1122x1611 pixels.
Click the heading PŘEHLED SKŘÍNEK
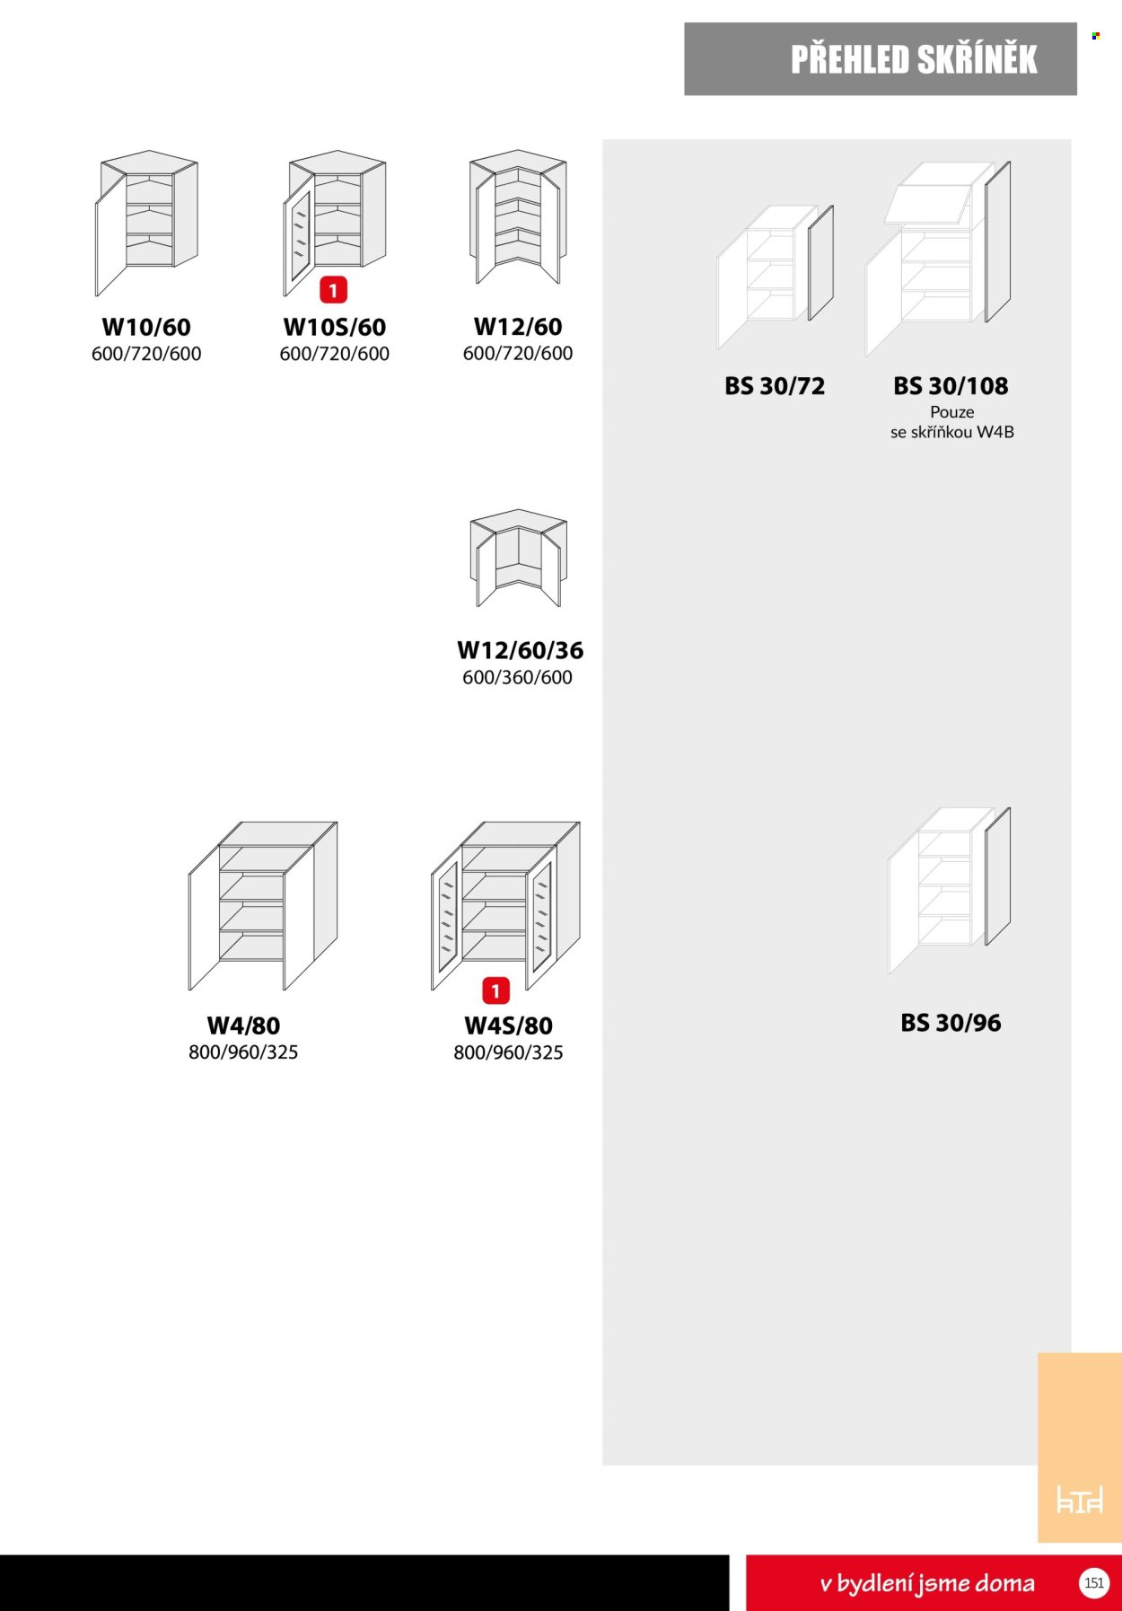click(914, 59)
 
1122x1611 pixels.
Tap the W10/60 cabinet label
click(146, 327)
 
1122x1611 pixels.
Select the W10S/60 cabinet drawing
click(335, 223)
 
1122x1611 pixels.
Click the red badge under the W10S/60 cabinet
click(333, 290)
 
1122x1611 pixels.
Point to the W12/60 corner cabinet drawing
click(518, 216)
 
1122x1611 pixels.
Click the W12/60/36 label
click(520, 650)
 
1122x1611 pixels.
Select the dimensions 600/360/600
click(517, 677)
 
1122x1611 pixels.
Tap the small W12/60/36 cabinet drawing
click(518, 558)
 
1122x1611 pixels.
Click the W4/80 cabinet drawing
click(263, 906)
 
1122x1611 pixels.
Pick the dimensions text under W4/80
click(243, 1052)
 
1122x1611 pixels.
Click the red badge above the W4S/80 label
click(495, 990)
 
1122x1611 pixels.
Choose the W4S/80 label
click(508, 1026)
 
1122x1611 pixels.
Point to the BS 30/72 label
click(775, 386)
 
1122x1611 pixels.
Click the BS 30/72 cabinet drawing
click(775, 277)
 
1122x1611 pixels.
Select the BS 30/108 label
click(951, 386)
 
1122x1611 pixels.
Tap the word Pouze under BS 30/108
click(952, 412)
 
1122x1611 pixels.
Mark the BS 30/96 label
click(951, 1023)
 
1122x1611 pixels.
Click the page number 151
click(1094, 1582)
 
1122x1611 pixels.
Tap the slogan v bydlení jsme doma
click(927, 1583)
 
